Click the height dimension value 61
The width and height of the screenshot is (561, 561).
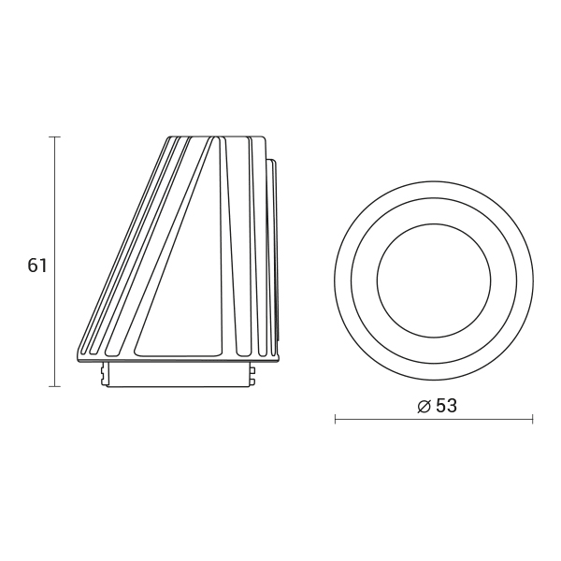[37, 266]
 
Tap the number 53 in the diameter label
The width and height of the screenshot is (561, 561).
[447, 406]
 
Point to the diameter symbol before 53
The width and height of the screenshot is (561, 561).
[424, 407]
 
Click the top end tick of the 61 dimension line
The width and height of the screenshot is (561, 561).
[55, 137]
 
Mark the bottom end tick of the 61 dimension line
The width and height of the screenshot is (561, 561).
[55, 386]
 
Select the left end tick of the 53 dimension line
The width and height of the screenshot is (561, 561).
[335, 419]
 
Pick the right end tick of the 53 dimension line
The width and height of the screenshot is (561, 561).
[533, 419]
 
